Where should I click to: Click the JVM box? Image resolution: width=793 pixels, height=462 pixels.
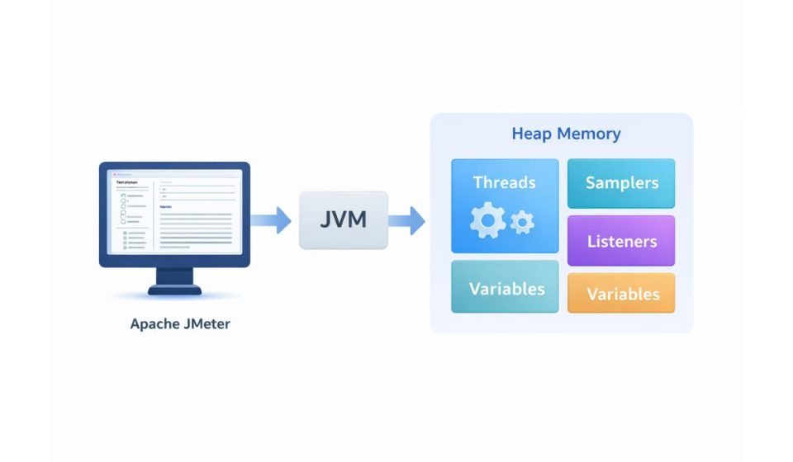tap(343, 220)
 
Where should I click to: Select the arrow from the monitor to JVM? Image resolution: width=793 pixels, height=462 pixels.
tap(270, 220)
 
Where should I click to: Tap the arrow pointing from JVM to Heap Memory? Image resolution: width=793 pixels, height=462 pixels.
tap(406, 220)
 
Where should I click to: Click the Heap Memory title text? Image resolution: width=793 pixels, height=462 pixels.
tap(566, 134)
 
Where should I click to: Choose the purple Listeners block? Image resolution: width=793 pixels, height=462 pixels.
tap(621, 241)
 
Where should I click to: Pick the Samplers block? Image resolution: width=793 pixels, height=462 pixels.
tap(621, 183)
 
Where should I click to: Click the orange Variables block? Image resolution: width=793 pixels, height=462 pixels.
tap(621, 294)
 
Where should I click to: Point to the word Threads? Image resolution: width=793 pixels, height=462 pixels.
tap(505, 182)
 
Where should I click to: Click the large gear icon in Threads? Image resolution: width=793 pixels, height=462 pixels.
tap(487, 219)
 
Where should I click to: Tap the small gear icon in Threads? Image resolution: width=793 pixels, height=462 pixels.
tap(523, 221)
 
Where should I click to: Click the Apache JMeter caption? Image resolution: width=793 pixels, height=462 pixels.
tap(180, 323)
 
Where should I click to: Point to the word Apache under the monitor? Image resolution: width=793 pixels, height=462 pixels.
tap(154, 323)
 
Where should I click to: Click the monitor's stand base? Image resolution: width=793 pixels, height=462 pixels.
tap(174, 290)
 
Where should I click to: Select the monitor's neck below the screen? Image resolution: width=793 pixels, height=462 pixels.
tap(174, 276)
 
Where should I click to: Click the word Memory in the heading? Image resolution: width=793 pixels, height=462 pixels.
tap(588, 134)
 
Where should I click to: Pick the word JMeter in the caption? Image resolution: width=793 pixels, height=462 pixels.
tap(205, 323)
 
